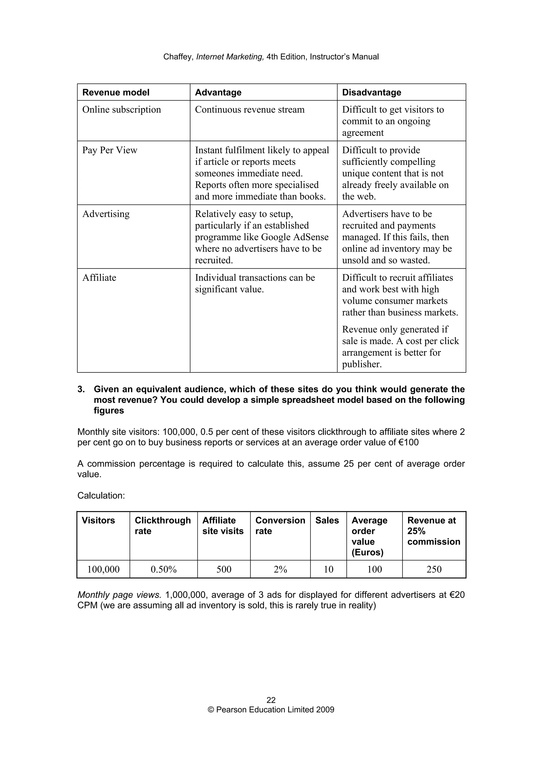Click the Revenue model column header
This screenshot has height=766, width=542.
[x=116, y=93]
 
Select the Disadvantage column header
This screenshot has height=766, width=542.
[x=371, y=93]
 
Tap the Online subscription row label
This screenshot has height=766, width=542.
[x=121, y=109]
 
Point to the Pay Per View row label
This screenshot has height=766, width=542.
[x=110, y=150]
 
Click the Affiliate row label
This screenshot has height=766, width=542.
[x=99, y=278]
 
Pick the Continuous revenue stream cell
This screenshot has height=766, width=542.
[x=250, y=109]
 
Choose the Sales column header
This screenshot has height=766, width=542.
[x=327, y=520]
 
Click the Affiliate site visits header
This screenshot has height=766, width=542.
[x=223, y=525]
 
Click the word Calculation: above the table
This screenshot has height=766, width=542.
[x=101, y=495]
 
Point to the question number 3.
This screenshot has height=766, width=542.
[x=81, y=389]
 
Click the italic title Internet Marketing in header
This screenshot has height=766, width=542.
[x=230, y=57]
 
